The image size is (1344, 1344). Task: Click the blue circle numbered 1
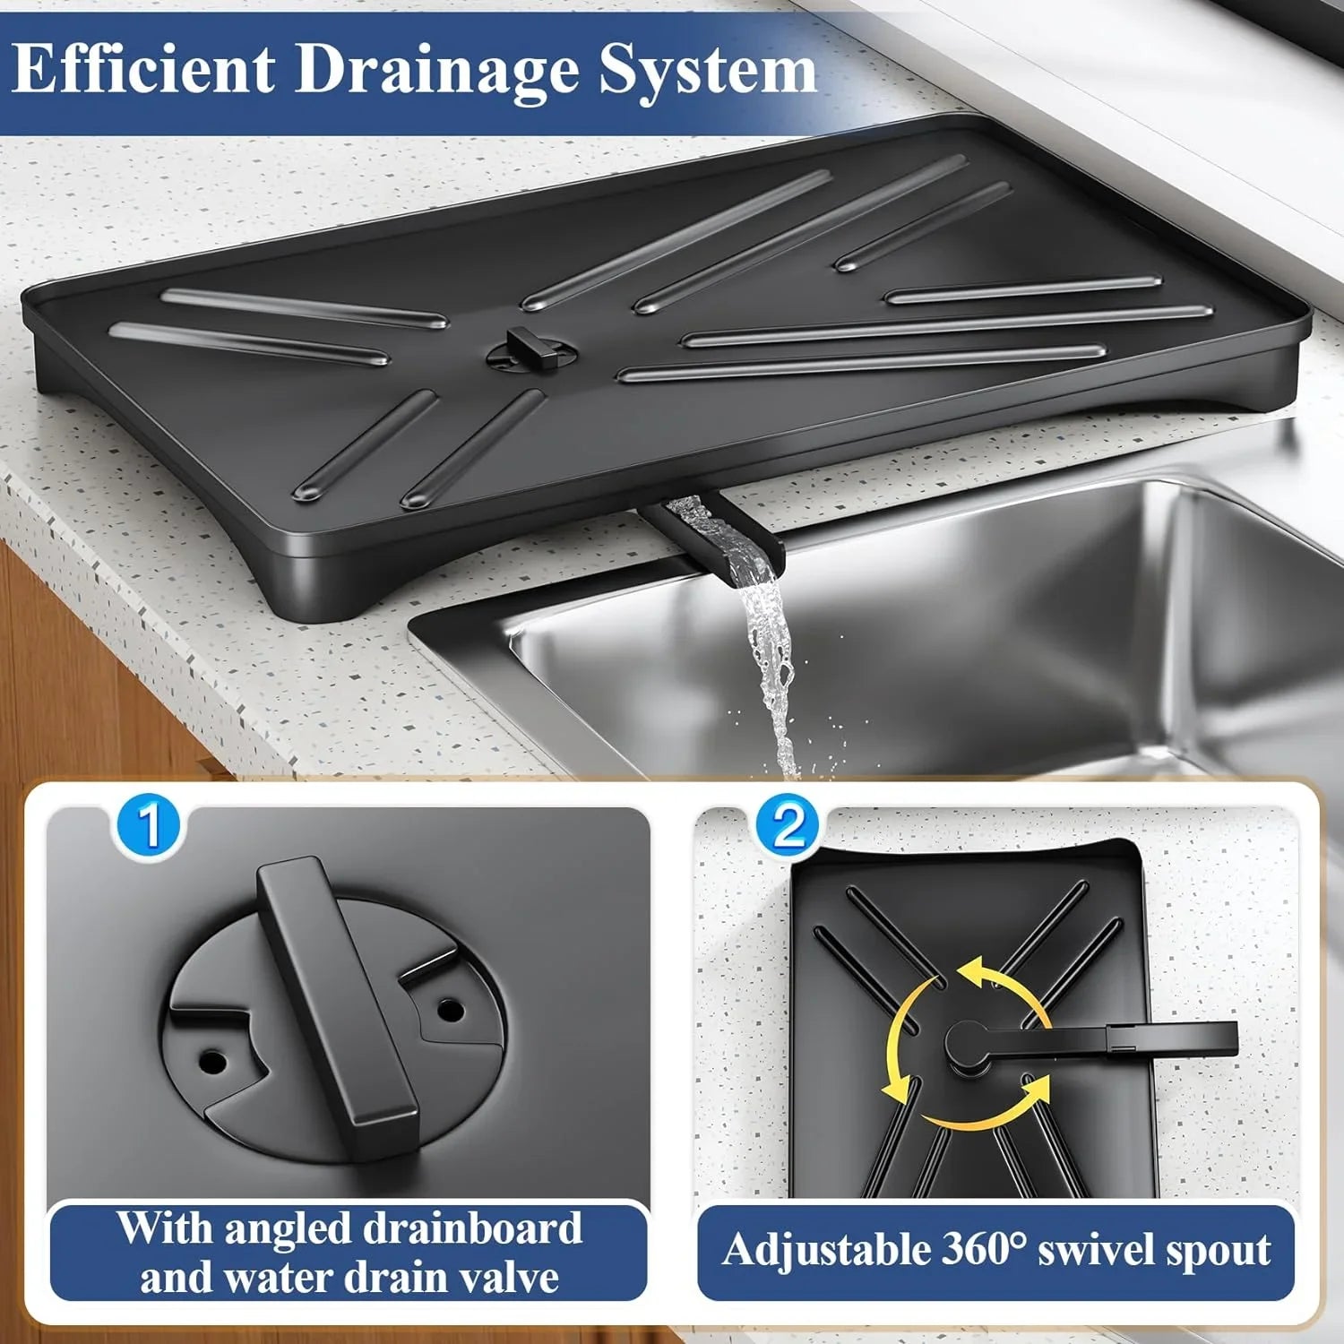pyautogui.click(x=149, y=825)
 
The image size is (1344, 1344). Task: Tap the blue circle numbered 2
pyautogui.click(x=788, y=825)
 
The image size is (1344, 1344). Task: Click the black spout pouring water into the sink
pyautogui.click(x=717, y=533)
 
